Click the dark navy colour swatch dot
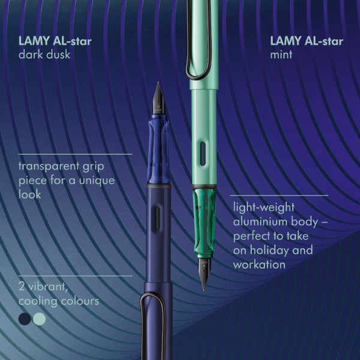point(25,319)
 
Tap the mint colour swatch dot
point(39,319)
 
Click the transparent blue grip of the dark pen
point(158,149)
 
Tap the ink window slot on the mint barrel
point(203,154)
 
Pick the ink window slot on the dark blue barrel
point(157,218)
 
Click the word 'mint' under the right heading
point(281,55)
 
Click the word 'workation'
point(259,265)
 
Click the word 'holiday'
point(270,250)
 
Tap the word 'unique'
point(97,181)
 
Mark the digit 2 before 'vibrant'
point(22,287)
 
